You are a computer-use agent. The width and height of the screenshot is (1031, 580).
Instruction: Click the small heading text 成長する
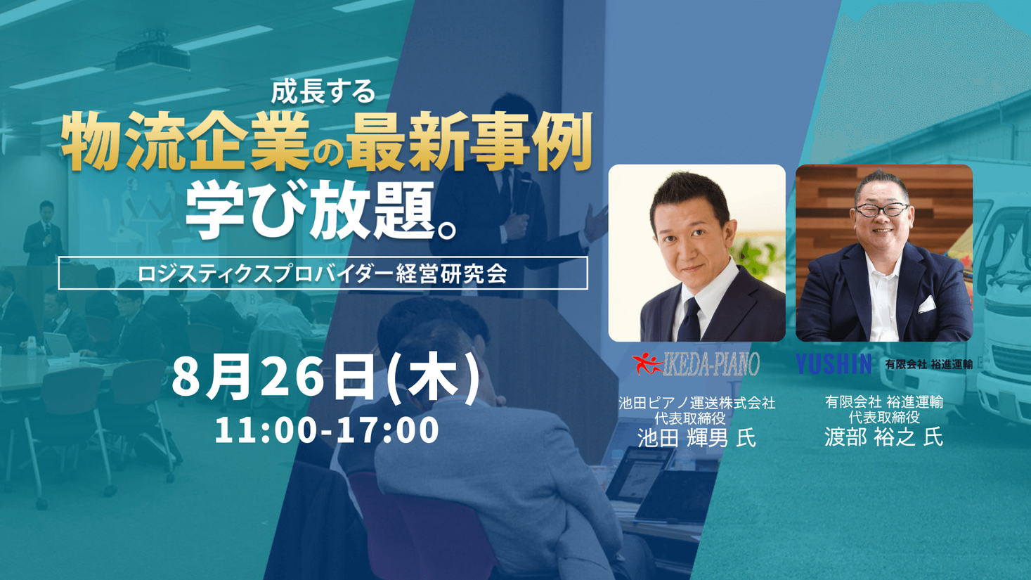point(323,92)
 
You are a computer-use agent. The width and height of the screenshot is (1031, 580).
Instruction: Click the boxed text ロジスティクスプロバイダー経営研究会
point(323,273)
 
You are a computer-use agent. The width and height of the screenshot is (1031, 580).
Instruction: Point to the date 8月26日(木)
point(326,380)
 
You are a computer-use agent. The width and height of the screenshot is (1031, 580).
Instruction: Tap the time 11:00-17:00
point(326,430)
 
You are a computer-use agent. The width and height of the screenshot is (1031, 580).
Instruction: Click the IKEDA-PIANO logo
point(696,364)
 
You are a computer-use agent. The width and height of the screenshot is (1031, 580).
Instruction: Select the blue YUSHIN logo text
point(834,364)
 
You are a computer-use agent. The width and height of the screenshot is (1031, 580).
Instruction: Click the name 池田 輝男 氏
point(696,437)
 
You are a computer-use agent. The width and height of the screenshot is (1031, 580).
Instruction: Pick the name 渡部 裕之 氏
point(883,437)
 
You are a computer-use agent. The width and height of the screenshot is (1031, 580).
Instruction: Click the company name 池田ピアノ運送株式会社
point(697,404)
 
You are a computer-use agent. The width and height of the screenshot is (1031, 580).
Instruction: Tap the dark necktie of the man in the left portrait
point(689,321)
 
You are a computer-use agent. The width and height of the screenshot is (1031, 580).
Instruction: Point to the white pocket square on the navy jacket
point(926,304)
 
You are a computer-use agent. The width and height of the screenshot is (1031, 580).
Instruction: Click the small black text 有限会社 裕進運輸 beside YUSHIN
point(929,365)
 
